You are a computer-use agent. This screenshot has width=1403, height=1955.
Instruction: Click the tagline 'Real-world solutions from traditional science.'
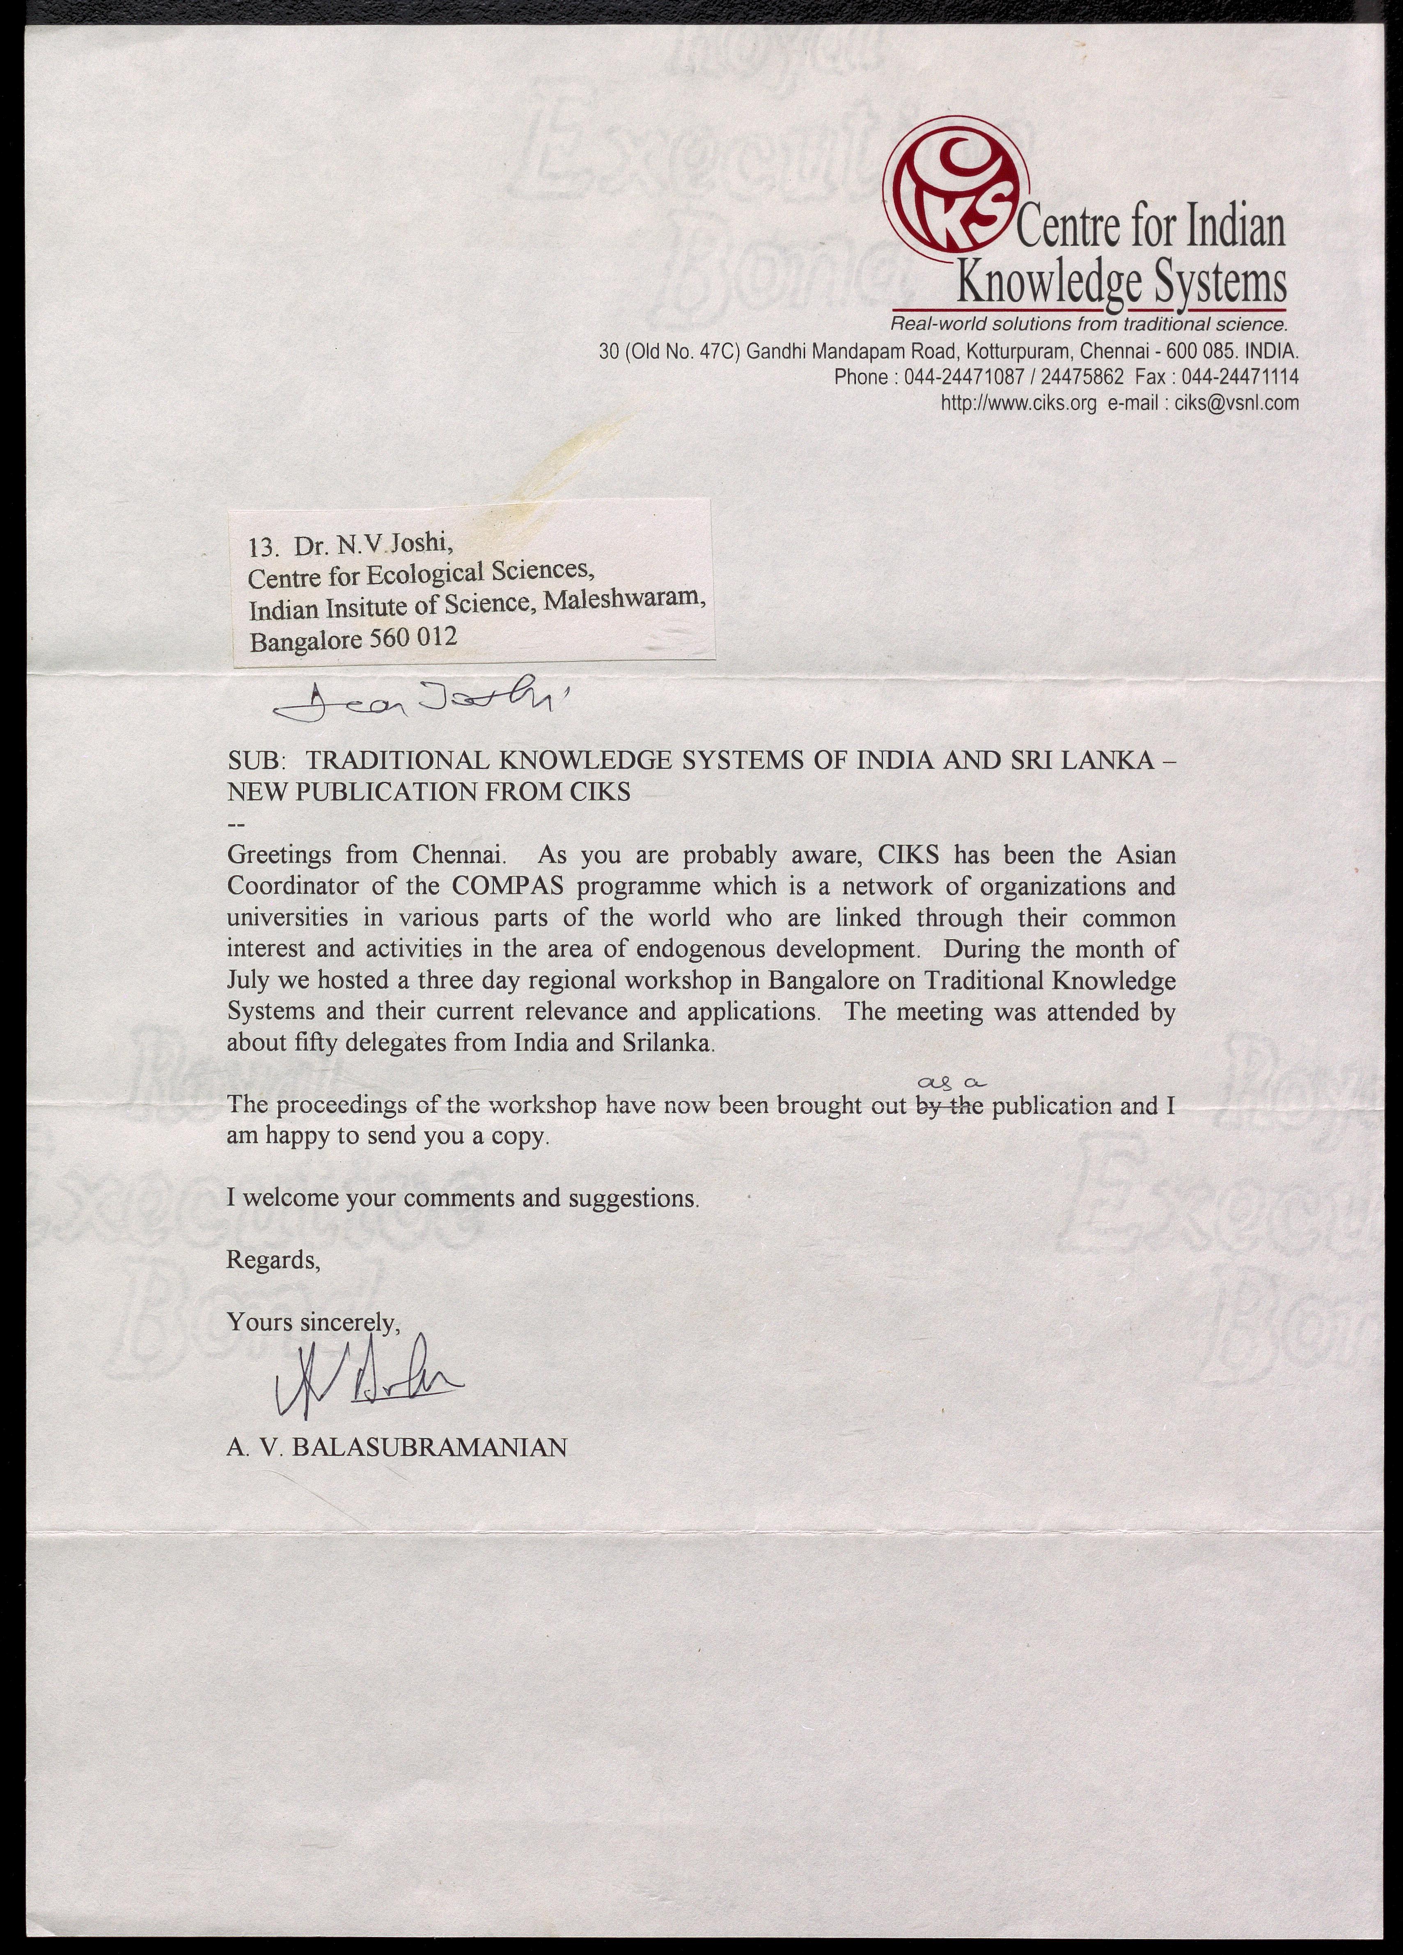1089,325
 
